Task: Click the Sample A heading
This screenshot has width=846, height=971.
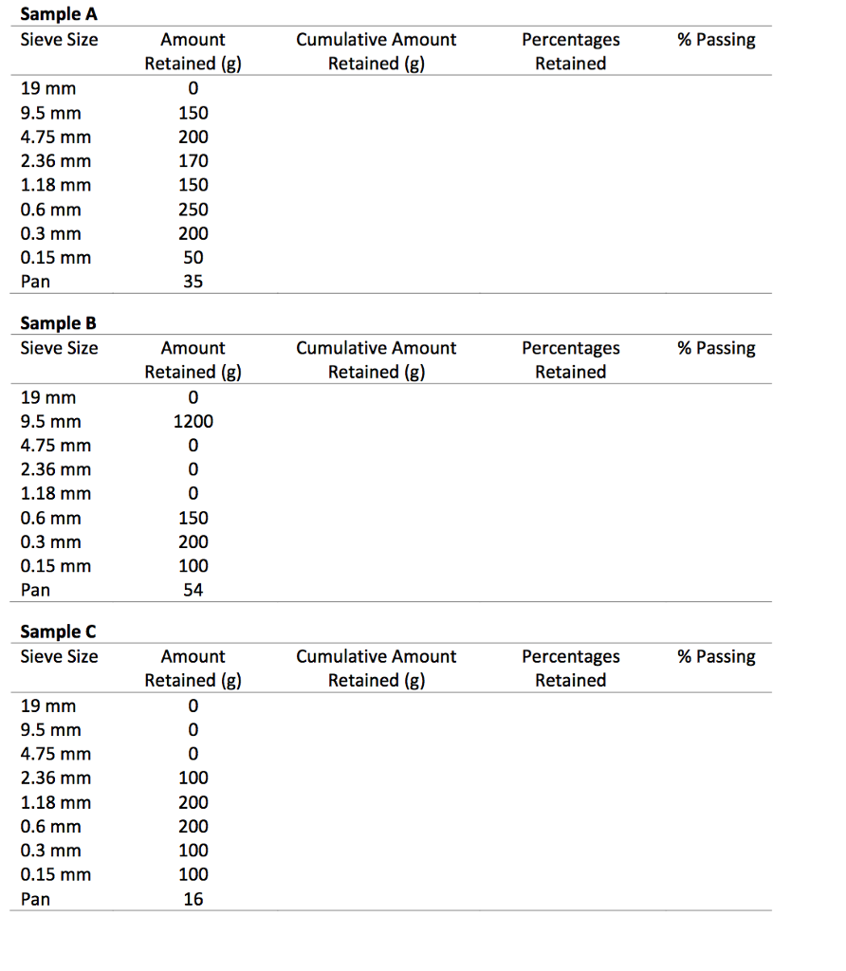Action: (x=59, y=14)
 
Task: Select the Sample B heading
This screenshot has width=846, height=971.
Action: (x=59, y=323)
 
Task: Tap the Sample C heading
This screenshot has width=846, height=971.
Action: (x=59, y=632)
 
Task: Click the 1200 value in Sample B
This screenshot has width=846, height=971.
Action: (x=193, y=422)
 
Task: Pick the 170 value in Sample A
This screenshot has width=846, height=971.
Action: (x=193, y=161)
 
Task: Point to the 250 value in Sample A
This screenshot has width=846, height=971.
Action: (x=193, y=210)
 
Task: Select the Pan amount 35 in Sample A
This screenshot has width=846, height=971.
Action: (x=193, y=282)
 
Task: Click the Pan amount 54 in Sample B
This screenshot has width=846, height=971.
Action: (x=193, y=590)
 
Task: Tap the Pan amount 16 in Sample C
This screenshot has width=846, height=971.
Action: (x=193, y=899)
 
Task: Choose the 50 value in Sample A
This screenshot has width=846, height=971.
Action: (x=193, y=258)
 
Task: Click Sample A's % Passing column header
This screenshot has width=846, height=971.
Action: (x=716, y=40)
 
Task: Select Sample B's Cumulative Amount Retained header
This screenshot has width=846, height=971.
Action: (x=377, y=360)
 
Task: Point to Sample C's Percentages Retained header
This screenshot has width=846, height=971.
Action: (x=570, y=669)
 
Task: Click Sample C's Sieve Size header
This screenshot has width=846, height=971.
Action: (x=59, y=656)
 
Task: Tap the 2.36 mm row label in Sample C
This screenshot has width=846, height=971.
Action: (x=56, y=779)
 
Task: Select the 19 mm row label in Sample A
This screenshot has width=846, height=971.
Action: (x=48, y=89)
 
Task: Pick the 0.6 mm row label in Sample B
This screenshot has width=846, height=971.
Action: (x=51, y=519)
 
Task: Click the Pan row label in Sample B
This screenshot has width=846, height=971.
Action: (x=36, y=590)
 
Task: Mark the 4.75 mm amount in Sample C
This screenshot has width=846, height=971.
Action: (x=193, y=755)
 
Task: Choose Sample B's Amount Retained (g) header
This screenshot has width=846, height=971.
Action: (x=193, y=360)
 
